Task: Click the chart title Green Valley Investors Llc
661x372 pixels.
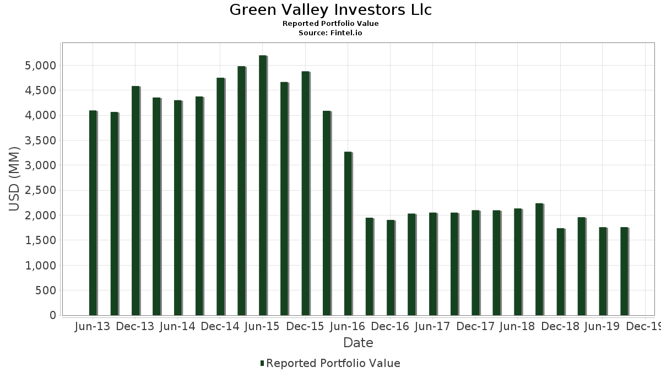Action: [330, 10]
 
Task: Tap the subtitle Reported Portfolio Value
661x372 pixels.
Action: [330, 24]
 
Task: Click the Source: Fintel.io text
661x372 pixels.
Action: [330, 33]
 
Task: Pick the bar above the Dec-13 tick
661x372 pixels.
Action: [136, 201]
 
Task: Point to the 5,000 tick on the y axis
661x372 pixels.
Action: [41, 66]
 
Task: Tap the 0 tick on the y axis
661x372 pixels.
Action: [52, 315]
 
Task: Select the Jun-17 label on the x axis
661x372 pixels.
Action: [432, 327]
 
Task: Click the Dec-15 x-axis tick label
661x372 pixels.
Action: [305, 327]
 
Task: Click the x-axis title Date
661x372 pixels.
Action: [358, 343]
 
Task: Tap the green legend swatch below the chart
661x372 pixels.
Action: [262, 363]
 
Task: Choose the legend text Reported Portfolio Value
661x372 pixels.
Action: [333, 363]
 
